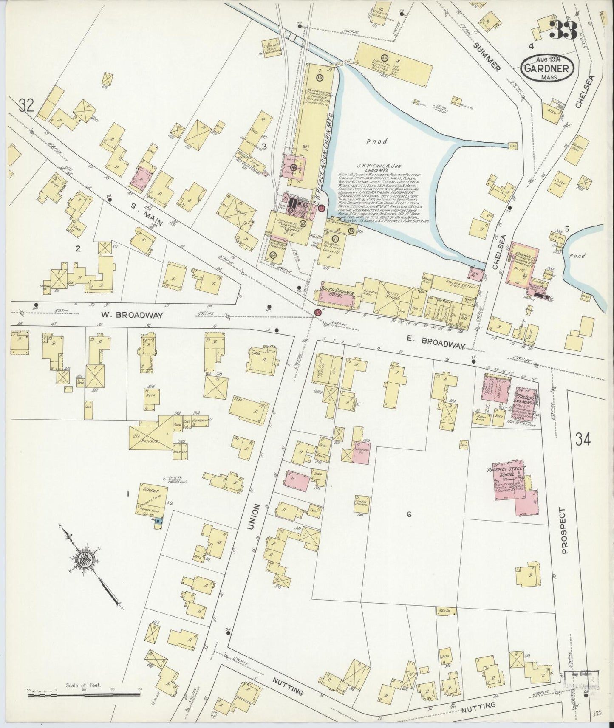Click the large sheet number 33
pyautogui.click(x=563, y=29)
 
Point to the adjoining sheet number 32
pyautogui.click(x=26, y=106)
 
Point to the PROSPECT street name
pyautogui.click(x=564, y=531)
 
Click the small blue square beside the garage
pyautogui.click(x=158, y=520)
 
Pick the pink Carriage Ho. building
pyautogui.click(x=360, y=453)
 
